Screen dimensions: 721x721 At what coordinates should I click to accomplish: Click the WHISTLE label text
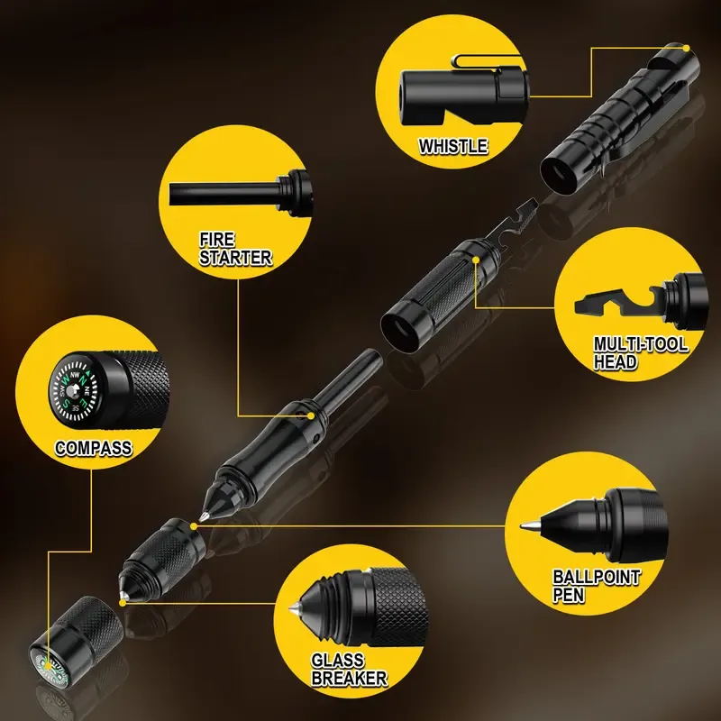pos(452,146)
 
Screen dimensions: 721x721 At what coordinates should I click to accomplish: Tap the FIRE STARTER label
pos(235,248)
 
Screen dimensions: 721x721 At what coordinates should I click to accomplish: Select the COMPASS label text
pos(94,447)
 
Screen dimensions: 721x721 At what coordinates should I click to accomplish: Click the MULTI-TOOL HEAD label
pos(640,352)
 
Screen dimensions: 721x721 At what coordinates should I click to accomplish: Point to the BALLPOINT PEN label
pos(596,586)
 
